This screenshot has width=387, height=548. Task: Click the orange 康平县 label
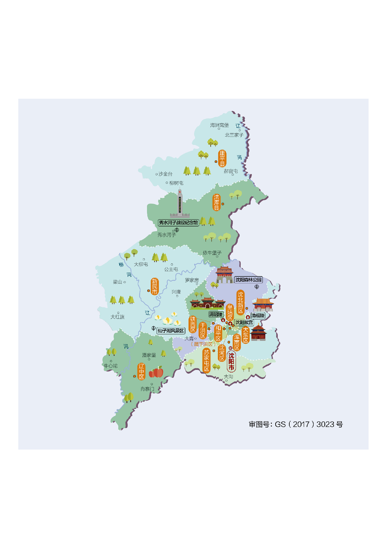click(x=222, y=158)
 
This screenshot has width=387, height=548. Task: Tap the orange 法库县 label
click(x=216, y=202)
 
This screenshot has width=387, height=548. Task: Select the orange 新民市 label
click(x=154, y=286)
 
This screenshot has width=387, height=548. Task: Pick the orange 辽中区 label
click(x=141, y=371)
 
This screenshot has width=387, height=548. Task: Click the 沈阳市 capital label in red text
click(x=231, y=361)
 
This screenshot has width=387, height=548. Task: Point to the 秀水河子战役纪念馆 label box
click(x=178, y=223)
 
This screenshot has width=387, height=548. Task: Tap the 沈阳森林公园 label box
click(x=248, y=280)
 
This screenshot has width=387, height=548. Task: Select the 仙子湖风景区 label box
click(x=171, y=331)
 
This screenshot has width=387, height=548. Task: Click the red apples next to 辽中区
click(x=156, y=372)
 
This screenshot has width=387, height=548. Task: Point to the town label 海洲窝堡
click(x=219, y=125)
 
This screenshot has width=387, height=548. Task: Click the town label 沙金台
click(x=165, y=174)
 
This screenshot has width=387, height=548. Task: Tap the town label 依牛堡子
click(x=212, y=253)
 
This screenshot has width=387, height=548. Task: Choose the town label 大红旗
click(x=117, y=317)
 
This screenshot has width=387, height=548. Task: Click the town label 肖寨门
click(x=147, y=389)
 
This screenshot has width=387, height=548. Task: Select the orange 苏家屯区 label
click(x=206, y=361)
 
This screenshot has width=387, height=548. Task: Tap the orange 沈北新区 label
click(x=240, y=302)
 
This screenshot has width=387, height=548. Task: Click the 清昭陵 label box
click(x=216, y=314)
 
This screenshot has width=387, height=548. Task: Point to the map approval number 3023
click(x=326, y=424)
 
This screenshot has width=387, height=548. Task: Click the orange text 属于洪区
click(x=203, y=344)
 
